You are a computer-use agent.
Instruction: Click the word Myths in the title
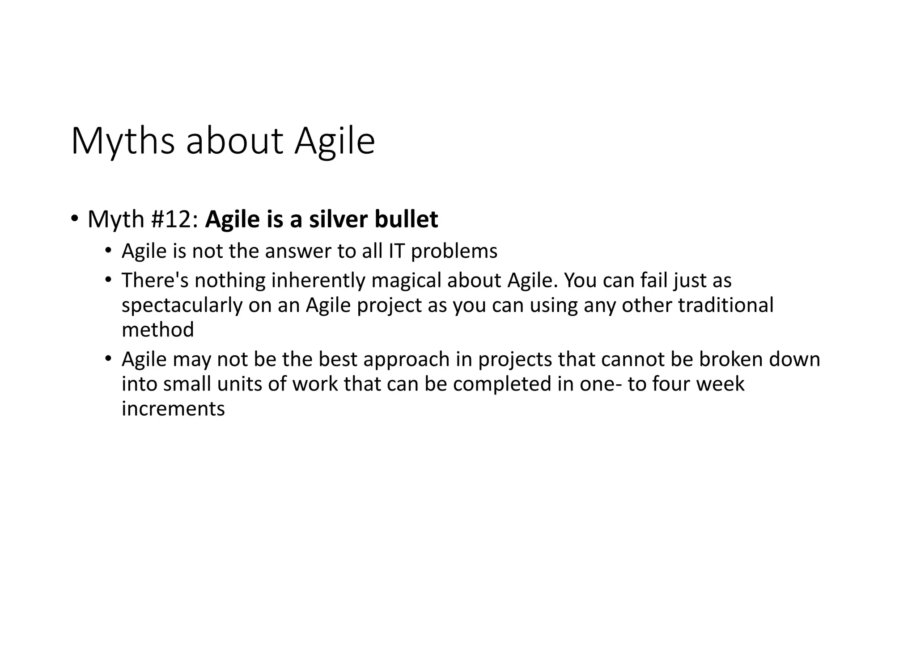[x=123, y=142]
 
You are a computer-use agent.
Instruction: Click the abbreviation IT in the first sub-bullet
[x=396, y=252]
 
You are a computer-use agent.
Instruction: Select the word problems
[x=454, y=252]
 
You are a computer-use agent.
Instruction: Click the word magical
[x=406, y=281]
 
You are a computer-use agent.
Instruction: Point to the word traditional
[x=725, y=306]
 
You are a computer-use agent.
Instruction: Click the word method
[x=158, y=330]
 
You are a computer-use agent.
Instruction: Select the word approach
[x=406, y=360]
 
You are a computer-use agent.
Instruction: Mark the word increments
[x=173, y=409]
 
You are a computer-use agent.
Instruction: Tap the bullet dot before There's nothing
[x=108, y=280]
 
